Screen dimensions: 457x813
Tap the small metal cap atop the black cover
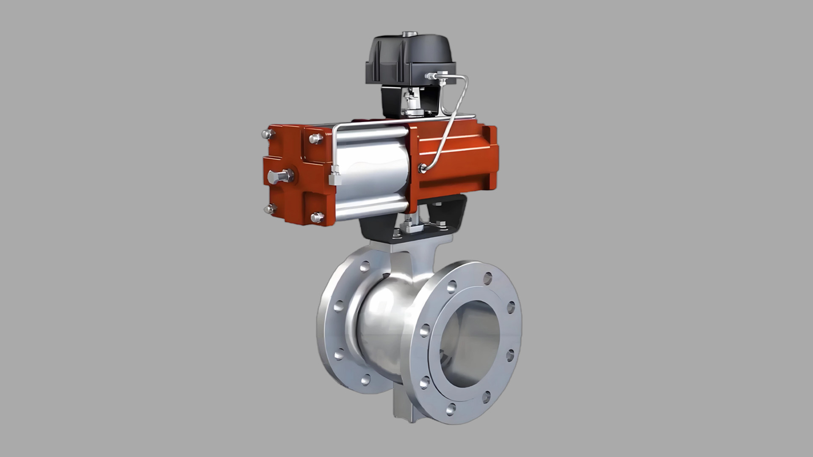pos(409,33)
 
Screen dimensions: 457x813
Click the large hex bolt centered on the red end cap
pos(279,176)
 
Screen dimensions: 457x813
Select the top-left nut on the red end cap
pos(267,134)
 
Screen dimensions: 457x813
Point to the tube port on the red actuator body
pos(422,168)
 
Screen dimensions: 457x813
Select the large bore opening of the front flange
pos(470,343)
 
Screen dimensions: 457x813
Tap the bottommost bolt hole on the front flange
pos(451,409)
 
